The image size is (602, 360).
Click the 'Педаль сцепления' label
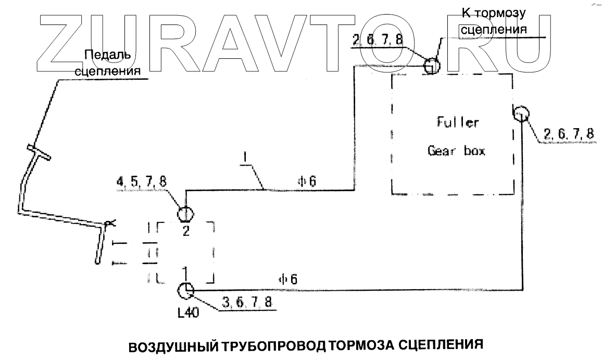click(109, 63)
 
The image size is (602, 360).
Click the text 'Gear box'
click(457, 151)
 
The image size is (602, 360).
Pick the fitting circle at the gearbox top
click(432, 66)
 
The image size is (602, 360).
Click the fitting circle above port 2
click(185, 214)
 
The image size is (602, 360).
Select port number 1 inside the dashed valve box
click(185, 270)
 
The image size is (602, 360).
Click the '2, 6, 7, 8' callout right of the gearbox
click(568, 134)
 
